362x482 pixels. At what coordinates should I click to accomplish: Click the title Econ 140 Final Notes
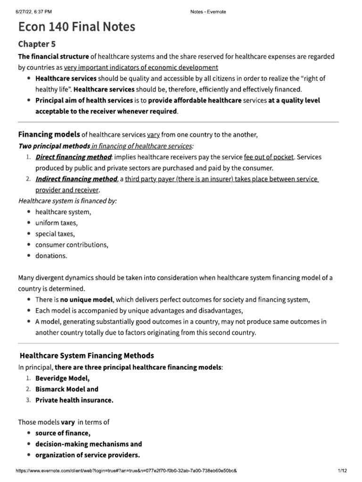pos(76,27)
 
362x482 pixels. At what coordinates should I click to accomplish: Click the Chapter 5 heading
pos(37,44)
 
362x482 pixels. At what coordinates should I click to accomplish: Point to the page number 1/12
pos(342,471)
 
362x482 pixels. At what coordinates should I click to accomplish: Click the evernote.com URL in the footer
pos(126,471)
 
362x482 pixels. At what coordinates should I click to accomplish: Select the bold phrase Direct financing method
pos(74,157)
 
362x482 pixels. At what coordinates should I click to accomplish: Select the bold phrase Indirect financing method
pos(76,179)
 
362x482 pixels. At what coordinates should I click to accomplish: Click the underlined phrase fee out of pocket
pos(269,157)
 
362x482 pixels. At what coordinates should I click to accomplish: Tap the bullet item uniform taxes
pos(57,223)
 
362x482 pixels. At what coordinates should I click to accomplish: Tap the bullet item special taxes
pos(55,233)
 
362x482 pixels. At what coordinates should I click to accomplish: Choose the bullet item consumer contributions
pos(72,245)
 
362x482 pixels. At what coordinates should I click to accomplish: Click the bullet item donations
pos(51,256)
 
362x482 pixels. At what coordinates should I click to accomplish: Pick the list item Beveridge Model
pos(62,378)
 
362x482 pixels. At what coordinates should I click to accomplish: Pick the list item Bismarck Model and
pos(67,389)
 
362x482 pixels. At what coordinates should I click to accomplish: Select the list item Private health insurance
pos(74,400)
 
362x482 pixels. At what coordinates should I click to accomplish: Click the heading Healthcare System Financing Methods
pos(87,355)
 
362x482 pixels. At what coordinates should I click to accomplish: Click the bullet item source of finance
pos(63,433)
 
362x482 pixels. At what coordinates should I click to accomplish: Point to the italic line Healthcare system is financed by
pos(67,201)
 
